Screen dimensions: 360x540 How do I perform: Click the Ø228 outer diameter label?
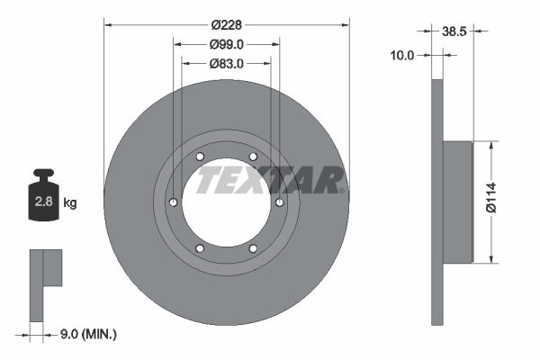click(227, 25)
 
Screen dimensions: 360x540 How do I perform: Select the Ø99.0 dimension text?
click(227, 44)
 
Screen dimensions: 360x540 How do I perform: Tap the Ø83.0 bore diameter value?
click(227, 64)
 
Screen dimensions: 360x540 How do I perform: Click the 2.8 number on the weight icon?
click(42, 202)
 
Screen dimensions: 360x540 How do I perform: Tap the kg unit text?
click(70, 203)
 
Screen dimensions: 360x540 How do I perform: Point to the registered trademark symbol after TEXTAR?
click(344, 190)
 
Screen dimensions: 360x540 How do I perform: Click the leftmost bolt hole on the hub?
click(174, 202)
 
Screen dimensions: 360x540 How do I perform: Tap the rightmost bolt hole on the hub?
click(280, 202)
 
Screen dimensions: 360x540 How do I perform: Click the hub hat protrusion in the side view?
click(458, 202)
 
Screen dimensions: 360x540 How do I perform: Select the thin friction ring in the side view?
click(438, 202)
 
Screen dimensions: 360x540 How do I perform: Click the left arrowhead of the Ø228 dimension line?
click(110, 25)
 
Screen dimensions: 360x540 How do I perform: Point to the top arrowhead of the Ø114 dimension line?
click(491, 145)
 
